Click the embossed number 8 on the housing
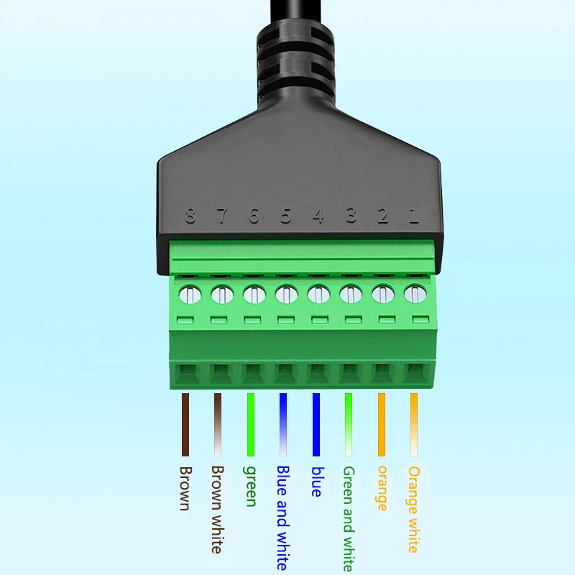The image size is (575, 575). pyautogui.click(x=190, y=216)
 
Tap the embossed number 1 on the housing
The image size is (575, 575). pyautogui.click(x=413, y=216)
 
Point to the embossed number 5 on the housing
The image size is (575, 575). pyautogui.click(x=286, y=216)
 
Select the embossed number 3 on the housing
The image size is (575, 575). pyautogui.click(x=350, y=216)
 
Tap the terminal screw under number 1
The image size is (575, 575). pyautogui.click(x=414, y=293)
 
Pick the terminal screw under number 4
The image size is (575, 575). pyautogui.click(x=318, y=294)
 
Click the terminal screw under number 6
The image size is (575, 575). pyautogui.click(x=254, y=294)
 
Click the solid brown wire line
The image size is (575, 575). pyautogui.click(x=185, y=424)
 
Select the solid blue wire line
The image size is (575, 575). pyautogui.click(x=316, y=424)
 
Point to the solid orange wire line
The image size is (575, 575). pyautogui.click(x=381, y=424)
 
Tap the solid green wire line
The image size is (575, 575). pyautogui.click(x=251, y=424)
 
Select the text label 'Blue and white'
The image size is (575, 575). pyautogui.click(x=282, y=516)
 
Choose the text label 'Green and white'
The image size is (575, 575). pyautogui.click(x=348, y=517)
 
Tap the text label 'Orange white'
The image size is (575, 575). pyautogui.click(x=413, y=509)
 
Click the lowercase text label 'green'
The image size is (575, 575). pyautogui.click(x=251, y=486)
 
